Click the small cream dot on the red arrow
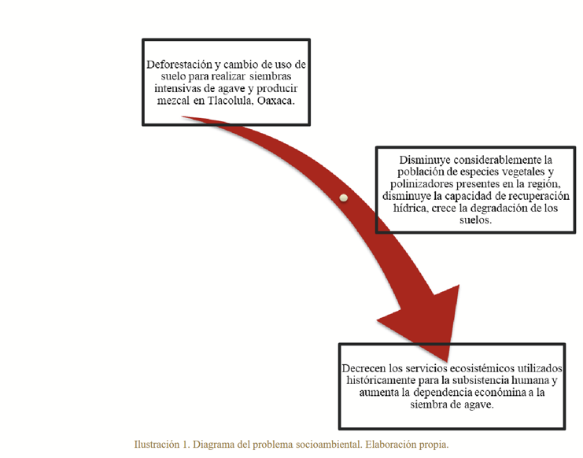(x=344, y=198)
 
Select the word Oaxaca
(x=275, y=101)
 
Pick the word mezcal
(x=173, y=101)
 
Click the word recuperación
(x=538, y=196)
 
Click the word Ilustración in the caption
(x=157, y=445)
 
